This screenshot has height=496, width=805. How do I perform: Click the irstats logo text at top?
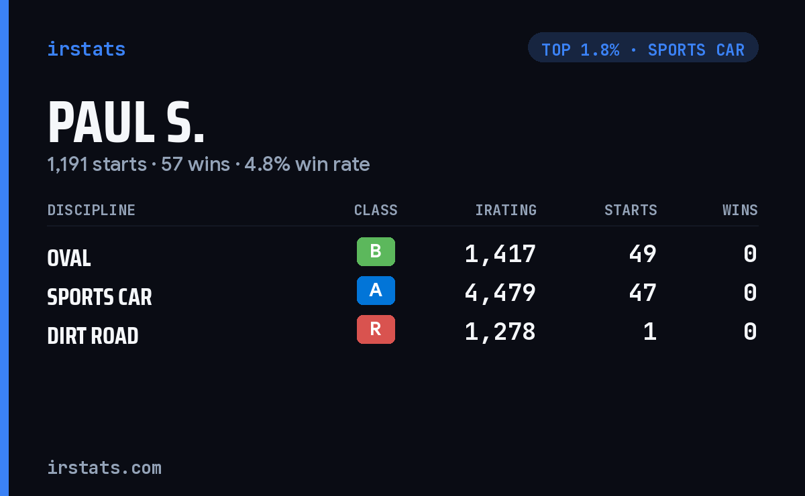pyautogui.click(x=87, y=49)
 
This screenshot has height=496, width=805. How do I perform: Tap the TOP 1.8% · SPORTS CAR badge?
pyautogui.click(x=643, y=48)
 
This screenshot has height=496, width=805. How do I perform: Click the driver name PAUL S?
pyautogui.click(x=126, y=123)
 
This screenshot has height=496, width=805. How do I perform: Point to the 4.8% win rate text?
pyautogui.click(x=307, y=164)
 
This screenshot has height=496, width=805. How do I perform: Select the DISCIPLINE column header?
pyautogui.click(x=91, y=210)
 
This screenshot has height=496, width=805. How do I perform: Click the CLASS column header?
pyautogui.click(x=376, y=210)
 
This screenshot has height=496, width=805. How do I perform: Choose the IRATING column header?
pyautogui.click(x=506, y=210)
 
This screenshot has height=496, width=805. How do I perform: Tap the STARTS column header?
pyautogui.click(x=631, y=210)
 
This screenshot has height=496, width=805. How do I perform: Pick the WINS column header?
pyautogui.click(x=741, y=210)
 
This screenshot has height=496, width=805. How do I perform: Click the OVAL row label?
pyautogui.click(x=69, y=258)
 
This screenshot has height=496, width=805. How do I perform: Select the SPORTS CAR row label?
pyautogui.click(x=99, y=297)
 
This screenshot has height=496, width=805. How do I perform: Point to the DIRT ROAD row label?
pyautogui.click(x=93, y=336)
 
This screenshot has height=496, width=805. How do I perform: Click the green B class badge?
pyautogui.click(x=376, y=252)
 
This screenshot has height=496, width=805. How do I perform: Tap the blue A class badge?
pyautogui.click(x=376, y=290)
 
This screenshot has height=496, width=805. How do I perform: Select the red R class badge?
pyautogui.click(x=376, y=329)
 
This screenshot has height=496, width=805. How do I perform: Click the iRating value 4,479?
pyautogui.click(x=500, y=293)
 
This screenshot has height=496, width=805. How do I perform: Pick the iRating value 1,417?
pyautogui.click(x=500, y=254)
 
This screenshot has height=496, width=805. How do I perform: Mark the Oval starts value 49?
pyautogui.click(x=643, y=254)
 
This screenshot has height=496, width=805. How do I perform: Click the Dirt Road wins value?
pyautogui.click(x=751, y=332)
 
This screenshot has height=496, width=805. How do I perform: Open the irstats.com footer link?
pyautogui.click(x=105, y=468)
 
